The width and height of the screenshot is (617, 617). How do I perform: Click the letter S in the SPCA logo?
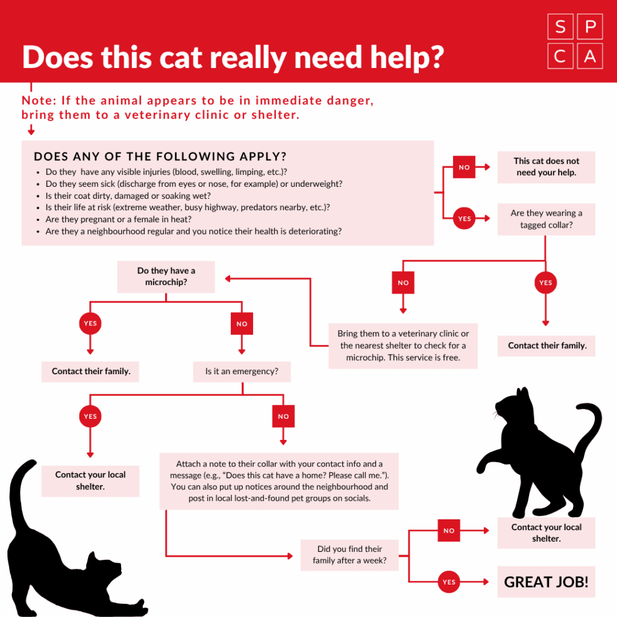pos(560,27)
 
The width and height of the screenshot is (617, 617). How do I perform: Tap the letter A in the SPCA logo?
pos(589,56)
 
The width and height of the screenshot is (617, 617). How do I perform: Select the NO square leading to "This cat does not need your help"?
pos(464,167)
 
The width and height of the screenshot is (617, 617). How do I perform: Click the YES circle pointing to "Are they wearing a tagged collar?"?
pos(464,218)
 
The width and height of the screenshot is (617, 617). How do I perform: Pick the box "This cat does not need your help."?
pos(546,167)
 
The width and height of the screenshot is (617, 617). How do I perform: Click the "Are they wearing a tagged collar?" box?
pos(546,219)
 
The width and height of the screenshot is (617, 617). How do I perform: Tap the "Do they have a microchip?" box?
pos(166,277)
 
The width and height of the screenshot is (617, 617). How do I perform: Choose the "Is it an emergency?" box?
pos(242,371)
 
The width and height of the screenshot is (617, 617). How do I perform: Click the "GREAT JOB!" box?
pos(546,581)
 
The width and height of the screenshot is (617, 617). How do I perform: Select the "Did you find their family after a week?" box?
pos(349,555)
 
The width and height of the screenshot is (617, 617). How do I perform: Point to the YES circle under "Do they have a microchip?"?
pos(90,324)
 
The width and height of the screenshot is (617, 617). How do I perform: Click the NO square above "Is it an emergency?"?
pos(242,324)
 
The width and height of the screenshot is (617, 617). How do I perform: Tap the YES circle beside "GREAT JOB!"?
pos(448,581)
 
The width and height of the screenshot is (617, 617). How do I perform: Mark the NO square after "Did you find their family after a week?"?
pos(448,530)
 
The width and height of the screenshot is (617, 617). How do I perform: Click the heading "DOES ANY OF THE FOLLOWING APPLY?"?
pos(160,157)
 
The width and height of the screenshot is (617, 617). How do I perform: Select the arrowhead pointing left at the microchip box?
pos(227,278)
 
